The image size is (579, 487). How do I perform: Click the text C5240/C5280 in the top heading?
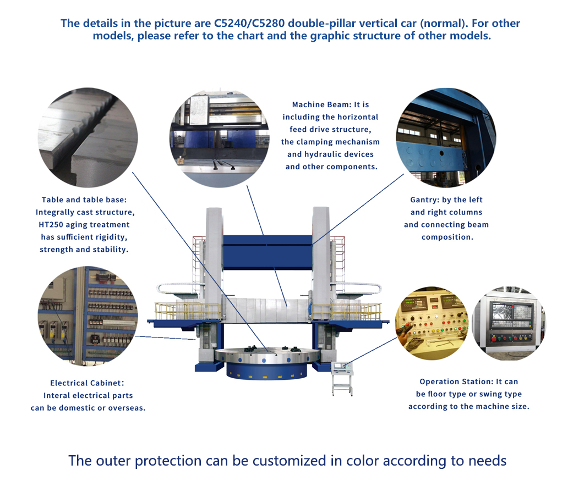point(249,23)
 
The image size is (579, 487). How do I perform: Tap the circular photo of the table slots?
point(88,137)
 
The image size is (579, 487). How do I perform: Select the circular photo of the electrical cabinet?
point(88,316)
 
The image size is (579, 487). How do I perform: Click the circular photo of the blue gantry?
point(446,137)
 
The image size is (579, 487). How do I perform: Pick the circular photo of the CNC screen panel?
point(509,324)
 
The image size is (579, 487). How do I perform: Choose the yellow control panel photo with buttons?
point(432,324)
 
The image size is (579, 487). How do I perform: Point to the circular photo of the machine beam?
point(220,139)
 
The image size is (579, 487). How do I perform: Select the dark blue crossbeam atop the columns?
point(267,252)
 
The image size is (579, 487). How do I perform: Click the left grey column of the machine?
point(214,258)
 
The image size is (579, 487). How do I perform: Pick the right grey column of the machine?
point(321,258)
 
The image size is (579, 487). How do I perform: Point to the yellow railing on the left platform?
point(188,311)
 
